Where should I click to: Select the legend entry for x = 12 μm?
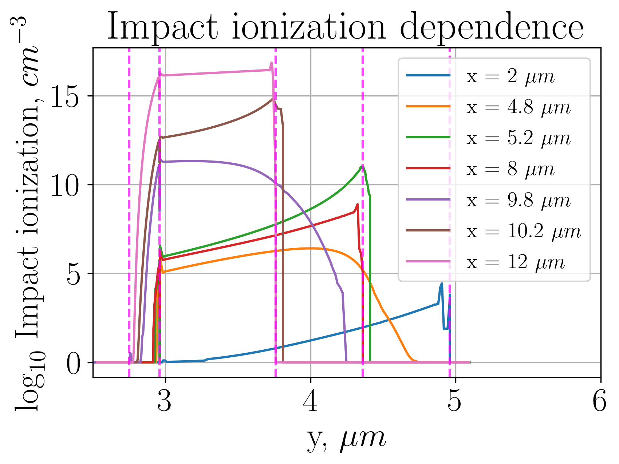click(x=516, y=262)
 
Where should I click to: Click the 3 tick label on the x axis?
click(x=165, y=402)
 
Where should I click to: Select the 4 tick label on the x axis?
click(x=310, y=402)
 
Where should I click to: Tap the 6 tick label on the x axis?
click(x=600, y=402)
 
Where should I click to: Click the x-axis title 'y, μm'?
click(x=346, y=439)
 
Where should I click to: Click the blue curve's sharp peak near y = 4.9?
click(x=442, y=283)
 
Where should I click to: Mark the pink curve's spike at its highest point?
click(x=271, y=63)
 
